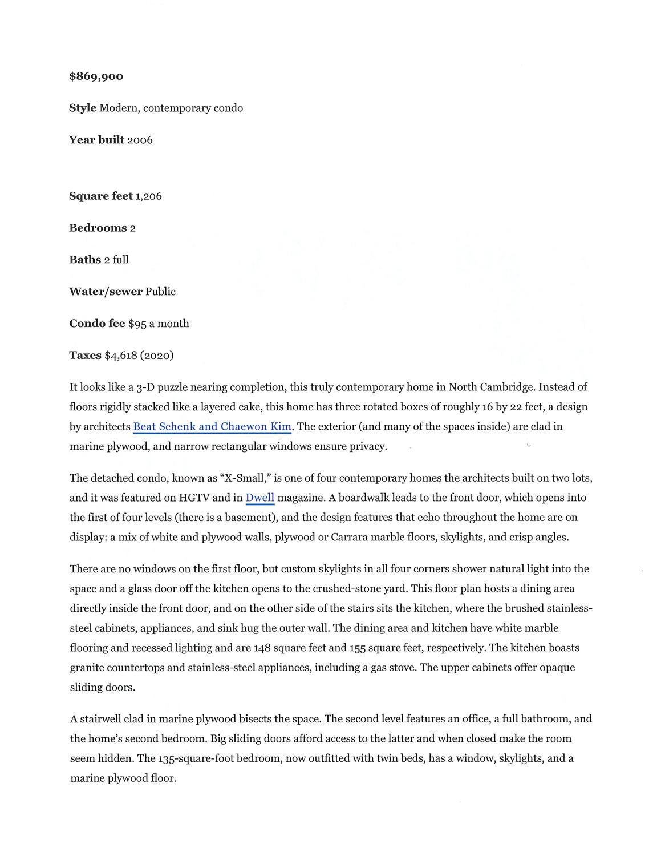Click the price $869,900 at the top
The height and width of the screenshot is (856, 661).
coord(96,76)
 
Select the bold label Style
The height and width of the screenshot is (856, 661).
coord(83,108)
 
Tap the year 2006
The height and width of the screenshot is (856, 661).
coord(140,140)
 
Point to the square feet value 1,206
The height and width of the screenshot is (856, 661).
coord(148,196)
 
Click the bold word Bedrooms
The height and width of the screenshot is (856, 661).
coord(98,228)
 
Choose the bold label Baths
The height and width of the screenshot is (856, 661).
coord(85,260)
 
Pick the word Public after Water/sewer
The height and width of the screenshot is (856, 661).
coord(160,292)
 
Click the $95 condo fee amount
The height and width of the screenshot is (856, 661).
coord(137,324)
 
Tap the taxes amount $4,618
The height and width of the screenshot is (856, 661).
coord(121,356)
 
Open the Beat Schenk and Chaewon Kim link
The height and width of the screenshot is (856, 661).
coord(212,426)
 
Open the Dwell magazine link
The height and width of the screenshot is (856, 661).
coord(260,498)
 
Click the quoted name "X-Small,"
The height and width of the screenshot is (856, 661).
coord(245,478)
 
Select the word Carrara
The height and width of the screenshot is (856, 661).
coord(350,537)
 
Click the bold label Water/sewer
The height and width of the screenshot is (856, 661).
coord(106,292)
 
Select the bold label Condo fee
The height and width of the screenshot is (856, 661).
coord(97,324)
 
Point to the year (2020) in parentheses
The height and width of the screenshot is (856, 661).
coord(157,356)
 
